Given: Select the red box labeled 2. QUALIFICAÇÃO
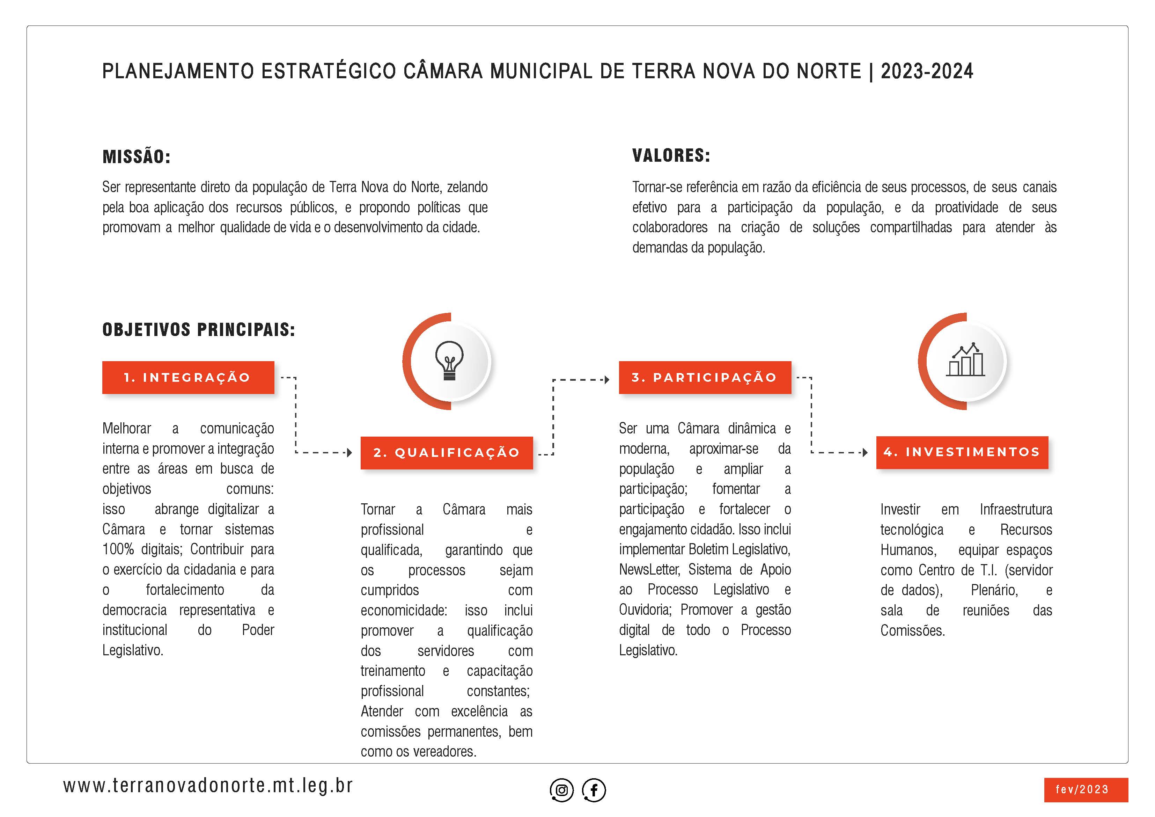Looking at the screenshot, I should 446,453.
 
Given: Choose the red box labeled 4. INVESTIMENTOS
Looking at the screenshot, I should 962,452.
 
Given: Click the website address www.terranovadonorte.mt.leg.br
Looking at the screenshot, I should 208,785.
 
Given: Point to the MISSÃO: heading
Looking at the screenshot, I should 136,156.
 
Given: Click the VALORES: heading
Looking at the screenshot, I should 671,155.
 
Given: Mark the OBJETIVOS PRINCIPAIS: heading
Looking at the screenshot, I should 199,330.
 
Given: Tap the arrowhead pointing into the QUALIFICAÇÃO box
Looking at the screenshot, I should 350,453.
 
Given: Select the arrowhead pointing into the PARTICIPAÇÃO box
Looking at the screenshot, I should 607,380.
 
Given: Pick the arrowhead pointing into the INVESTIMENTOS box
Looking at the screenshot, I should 865,453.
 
